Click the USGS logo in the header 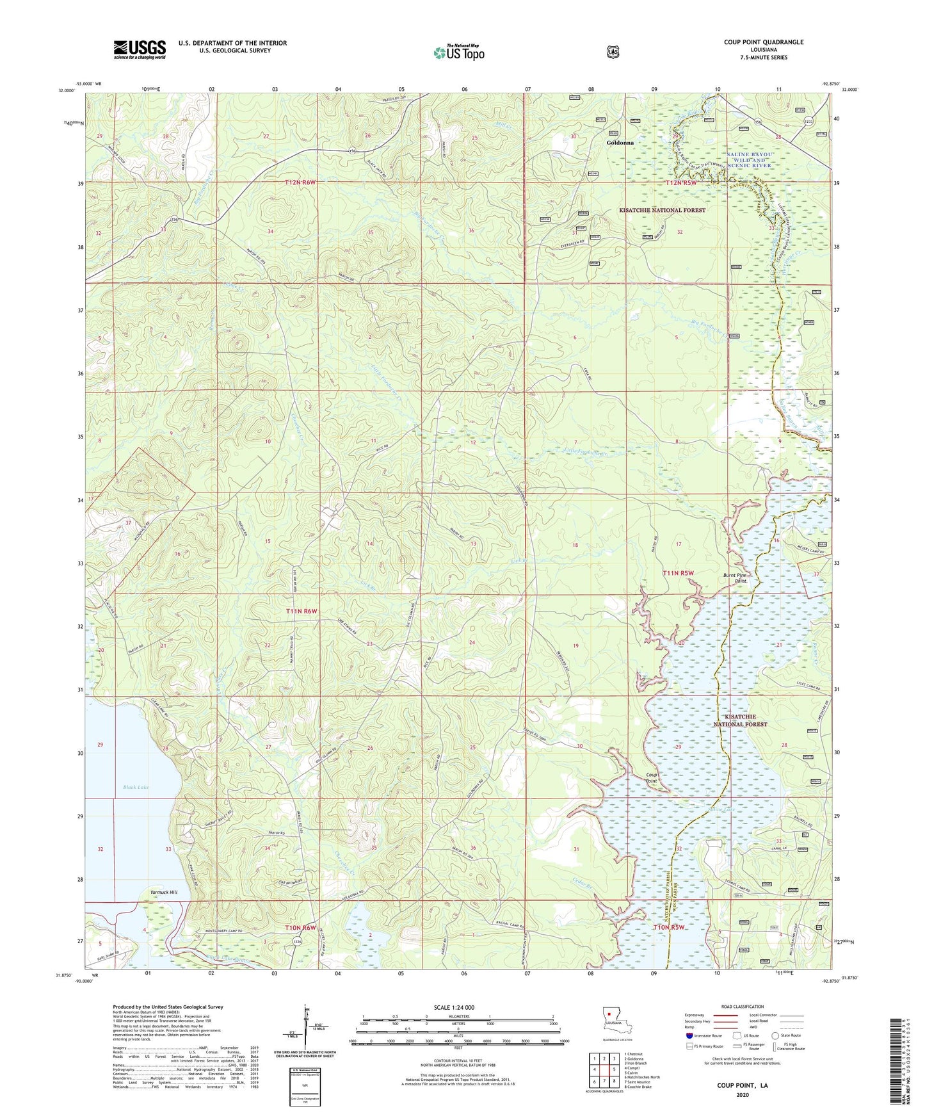(x=140, y=49)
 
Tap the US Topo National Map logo (x=458, y=52)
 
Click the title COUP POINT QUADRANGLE (x=763, y=42)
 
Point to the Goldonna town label (x=621, y=143)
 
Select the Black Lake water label (x=136, y=787)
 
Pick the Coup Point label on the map (x=651, y=778)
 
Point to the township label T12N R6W (x=301, y=182)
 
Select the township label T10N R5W (x=669, y=927)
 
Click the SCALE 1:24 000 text (x=453, y=1008)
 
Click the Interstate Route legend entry (x=704, y=1035)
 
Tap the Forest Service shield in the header (x=613, y=51)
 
